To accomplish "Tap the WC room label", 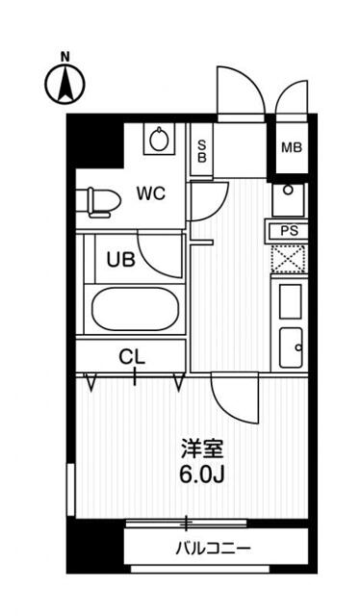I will [149, 192].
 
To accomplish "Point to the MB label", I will [291, 147].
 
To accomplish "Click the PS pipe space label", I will [289, 231].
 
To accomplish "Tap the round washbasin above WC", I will [159, 140].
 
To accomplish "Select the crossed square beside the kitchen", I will [288, 259].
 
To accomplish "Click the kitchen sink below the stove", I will [289, 342].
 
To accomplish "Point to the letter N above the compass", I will [65, 56].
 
